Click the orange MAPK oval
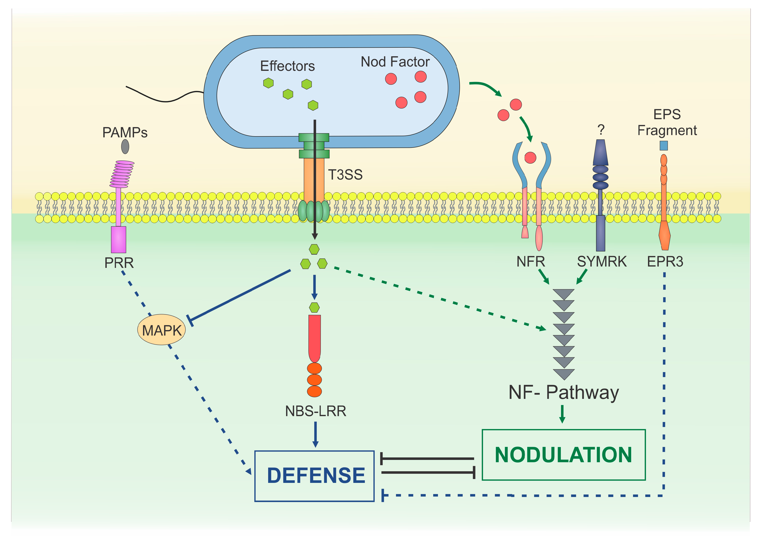(161, 330)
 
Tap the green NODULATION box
(564, 455)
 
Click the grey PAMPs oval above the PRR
(125, 146)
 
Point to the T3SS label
(345, 175)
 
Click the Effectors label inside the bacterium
(287, 66)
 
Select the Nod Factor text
(395, 62)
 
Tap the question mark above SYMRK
(601, 130)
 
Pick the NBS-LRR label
(316, 411)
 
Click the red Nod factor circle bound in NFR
(530, 158)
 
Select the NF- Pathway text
(564, 393)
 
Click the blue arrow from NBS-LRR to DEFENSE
(315, 434)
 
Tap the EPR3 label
(665, 262)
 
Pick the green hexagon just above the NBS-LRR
(314, 307)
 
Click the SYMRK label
(602, 262)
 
